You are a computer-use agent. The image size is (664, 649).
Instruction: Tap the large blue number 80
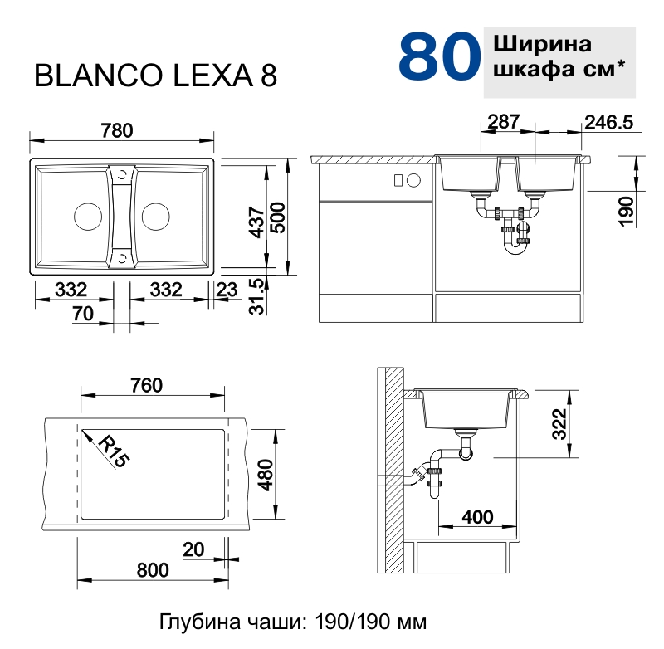tap(439, 56)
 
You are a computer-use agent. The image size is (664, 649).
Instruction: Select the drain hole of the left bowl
tap(87, 215)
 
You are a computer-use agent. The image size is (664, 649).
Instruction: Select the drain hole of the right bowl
tap(154, 215)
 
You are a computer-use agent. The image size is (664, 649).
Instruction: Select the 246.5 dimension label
tap(608, 122)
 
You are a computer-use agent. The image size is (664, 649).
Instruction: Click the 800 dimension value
tap(151, 569)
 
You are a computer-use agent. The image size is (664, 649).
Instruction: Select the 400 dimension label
tap(476, 516)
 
